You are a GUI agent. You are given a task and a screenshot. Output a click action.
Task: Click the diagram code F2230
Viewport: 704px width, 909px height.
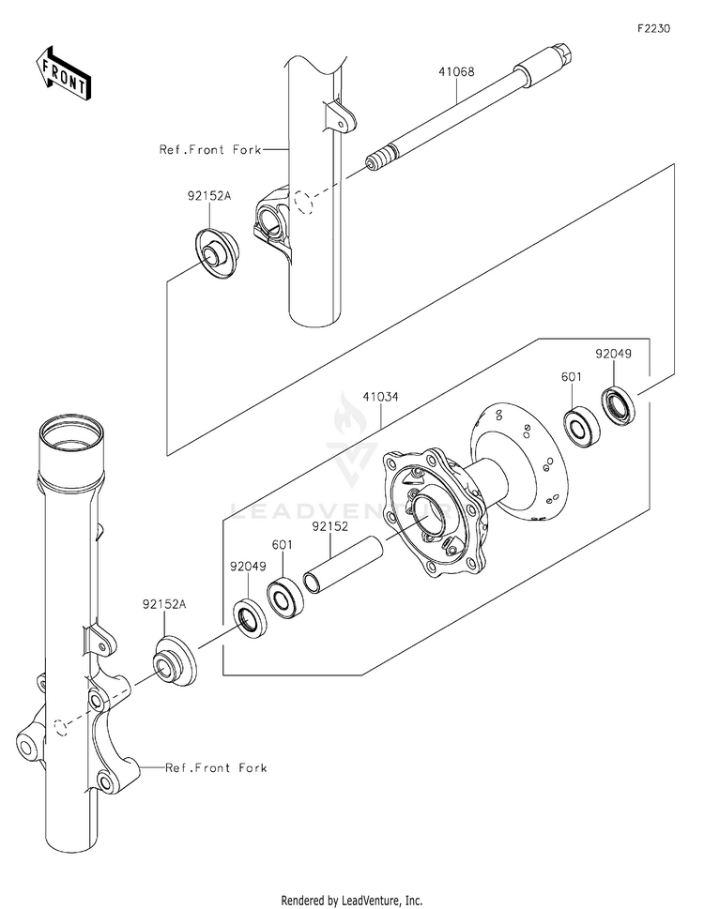pyautogui.click(x=653, y=28)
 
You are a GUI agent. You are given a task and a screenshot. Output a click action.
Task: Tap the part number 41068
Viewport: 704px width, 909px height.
pyautogui.click(x=456, y=72)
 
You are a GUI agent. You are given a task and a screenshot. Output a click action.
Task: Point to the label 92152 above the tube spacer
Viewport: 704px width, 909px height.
pyautogui.click(x=330, y=526)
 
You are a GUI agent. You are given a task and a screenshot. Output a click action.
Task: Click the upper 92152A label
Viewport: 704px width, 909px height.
pyautogui.click(x=208, y=196)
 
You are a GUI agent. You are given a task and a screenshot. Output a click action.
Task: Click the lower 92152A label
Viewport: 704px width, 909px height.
pyautogui.click(x=164, y=604)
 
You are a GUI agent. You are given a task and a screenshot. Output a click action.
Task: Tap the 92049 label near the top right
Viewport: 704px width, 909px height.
pyautogui.click(x=614, y=354)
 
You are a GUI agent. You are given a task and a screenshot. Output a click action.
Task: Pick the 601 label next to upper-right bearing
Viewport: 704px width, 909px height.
pyautogui.click(x=572, y=377)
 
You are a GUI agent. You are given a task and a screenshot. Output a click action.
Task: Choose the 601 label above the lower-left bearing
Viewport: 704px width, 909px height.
pyautogui.click(x=283, y=545)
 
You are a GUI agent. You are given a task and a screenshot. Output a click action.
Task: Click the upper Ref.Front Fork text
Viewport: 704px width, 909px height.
pyautogui.click(x=210, y=149)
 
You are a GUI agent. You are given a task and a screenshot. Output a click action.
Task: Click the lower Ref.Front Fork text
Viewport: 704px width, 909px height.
pyautogui.click(x=216, y=767)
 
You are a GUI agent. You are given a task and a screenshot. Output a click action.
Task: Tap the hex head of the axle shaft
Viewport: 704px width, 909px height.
pyautogui.click(x=563, y=52)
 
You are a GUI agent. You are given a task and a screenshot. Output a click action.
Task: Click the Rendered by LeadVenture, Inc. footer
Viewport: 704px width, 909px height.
pyautogui.click(x=351, y=901)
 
